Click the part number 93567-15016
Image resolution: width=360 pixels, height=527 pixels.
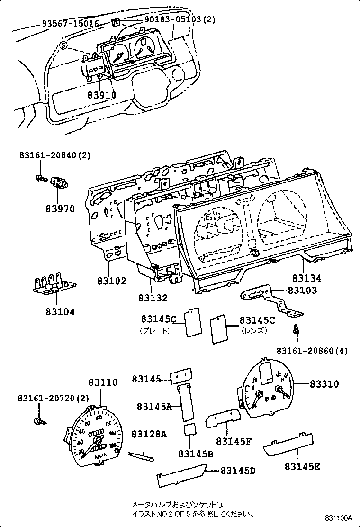point(70,23)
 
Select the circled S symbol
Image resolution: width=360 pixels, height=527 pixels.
point(64,45)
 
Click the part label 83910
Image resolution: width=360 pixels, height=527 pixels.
point(101,95)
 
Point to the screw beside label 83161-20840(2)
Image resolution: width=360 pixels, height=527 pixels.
point(40,179)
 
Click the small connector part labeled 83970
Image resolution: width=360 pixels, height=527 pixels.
point(59,183)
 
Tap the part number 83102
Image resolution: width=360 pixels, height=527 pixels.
point(112,281)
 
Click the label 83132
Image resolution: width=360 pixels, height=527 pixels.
point(153,298)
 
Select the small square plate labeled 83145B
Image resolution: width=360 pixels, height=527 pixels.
point(191,432)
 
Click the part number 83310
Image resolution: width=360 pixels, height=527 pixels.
point(324,384)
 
